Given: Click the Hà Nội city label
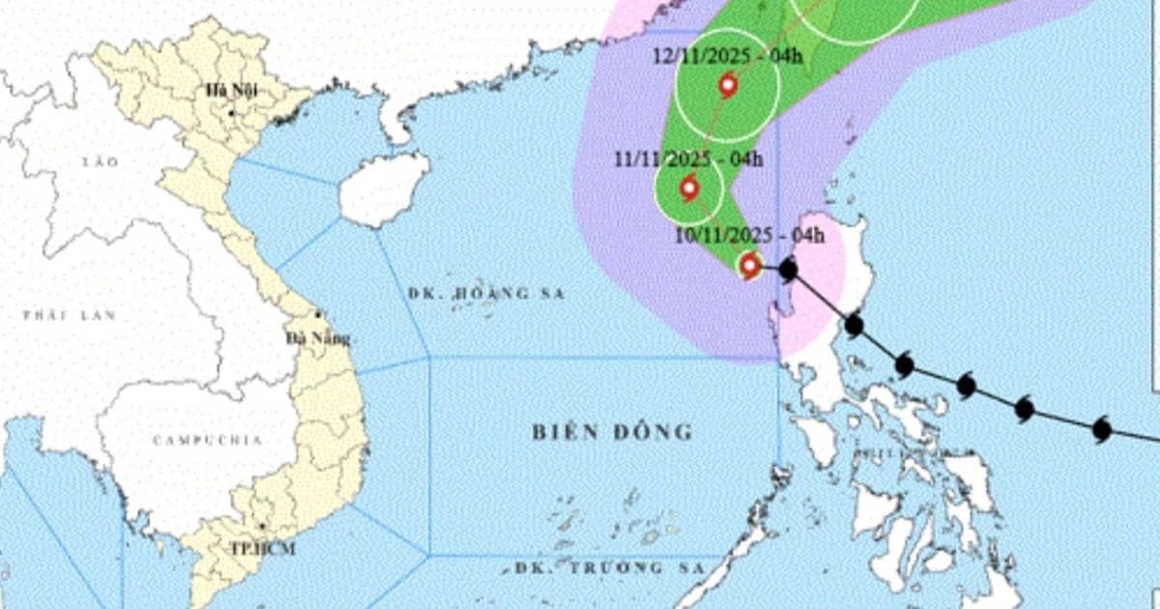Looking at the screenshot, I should coord(230,92).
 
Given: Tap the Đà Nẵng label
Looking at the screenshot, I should coord(318,338).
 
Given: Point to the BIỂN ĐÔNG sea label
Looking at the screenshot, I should coord(613,432).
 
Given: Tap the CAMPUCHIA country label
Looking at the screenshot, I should coord(207,440).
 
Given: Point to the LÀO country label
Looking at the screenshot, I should coord(100,161).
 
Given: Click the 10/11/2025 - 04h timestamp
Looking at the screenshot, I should coord(750,235).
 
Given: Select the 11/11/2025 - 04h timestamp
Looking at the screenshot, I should coord(688,159).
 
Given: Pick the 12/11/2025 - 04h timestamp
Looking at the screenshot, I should coord(727,56).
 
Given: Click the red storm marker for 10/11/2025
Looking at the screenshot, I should coord(749,264).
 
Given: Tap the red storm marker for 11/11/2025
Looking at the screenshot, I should coord(689,188).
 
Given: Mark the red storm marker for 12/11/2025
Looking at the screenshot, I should coord(728,86).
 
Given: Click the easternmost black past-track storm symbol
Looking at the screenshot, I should coord(1101,429).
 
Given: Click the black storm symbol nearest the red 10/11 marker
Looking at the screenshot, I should coord(788,270).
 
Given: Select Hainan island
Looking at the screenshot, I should coord(383,188).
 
